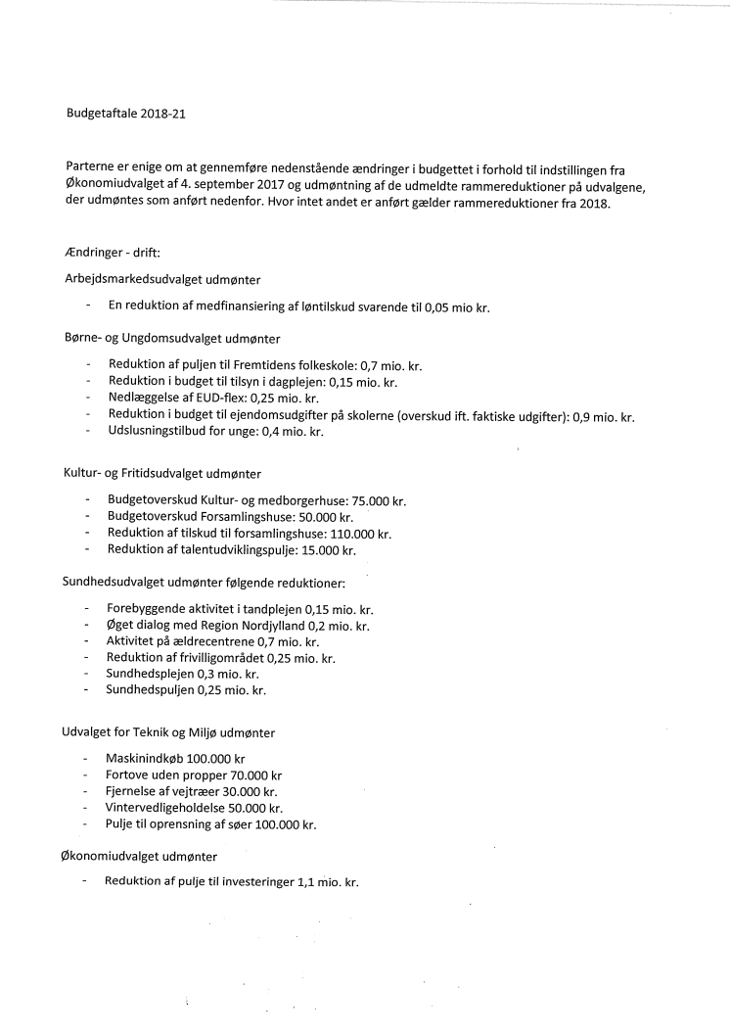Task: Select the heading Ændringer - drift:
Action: (x=105, y=253)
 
